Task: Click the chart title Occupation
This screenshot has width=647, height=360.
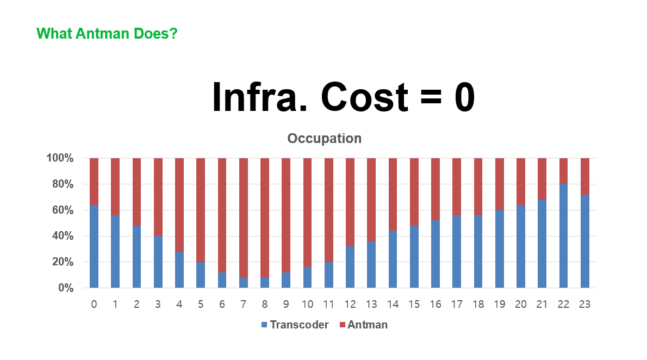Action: point(325,138)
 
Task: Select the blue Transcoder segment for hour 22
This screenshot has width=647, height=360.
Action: point(563,235)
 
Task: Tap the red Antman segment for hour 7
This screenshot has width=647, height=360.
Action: point(244,218)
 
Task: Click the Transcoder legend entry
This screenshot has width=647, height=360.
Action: point(295,325)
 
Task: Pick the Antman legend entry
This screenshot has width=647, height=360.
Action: point(364,325)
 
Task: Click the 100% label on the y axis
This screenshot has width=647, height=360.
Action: point(60,158)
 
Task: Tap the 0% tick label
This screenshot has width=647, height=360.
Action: point(66,288)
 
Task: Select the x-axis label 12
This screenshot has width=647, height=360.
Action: point(350,305)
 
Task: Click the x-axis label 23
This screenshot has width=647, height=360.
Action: point(584,305)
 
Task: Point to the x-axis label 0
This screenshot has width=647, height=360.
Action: point(94,305)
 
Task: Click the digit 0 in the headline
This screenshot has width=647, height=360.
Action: point(465,97)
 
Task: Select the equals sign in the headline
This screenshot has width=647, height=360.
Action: point(431,98)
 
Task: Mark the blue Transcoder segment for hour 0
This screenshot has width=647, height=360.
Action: point(94,246)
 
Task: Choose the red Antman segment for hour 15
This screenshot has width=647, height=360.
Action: point(414,192)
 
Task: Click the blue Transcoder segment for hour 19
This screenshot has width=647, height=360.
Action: point(499,249)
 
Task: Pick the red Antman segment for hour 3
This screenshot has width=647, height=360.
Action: point(158,197)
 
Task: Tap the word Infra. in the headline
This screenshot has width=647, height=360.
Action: point(260,97)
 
